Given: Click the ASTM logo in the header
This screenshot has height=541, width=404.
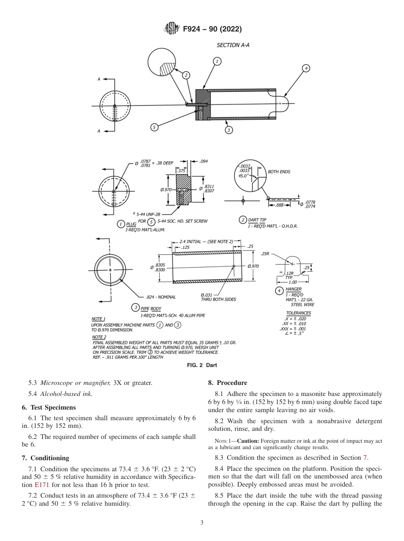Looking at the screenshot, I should coord(172,29).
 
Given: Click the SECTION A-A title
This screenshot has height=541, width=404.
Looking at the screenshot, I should coord(233,45).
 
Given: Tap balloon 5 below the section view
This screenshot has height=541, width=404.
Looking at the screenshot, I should coord(154,127).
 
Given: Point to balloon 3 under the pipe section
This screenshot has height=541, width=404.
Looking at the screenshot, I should coord(229,130).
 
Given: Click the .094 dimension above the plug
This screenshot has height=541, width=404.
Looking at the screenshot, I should coord(203,162).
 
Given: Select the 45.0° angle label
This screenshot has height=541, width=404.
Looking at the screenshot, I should coord(244,175).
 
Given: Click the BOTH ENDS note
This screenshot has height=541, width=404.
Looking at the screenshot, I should coord(279,172).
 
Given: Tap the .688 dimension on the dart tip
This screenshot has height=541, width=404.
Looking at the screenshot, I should coord(279,205).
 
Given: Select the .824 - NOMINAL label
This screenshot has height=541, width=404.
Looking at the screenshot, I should coord(160,297).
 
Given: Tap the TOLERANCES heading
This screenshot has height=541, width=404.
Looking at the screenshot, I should coord(298,313).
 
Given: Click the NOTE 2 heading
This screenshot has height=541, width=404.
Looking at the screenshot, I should coord(99,337).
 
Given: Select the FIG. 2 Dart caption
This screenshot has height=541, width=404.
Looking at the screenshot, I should coord(202,365).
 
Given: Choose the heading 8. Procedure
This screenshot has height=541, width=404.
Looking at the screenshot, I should coord(228,383).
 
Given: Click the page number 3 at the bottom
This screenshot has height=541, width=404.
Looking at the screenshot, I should coord(202,523).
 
